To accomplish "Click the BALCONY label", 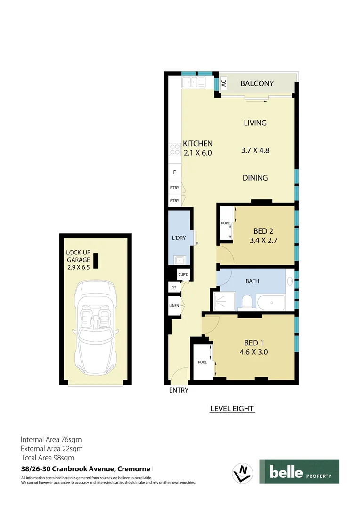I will [257, 83].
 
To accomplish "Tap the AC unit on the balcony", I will [224, 84].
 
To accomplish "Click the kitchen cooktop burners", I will [175, 149].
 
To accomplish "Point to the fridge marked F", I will [175, 172].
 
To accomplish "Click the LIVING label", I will [255, 123].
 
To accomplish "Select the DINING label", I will [255, 178].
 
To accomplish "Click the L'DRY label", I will [179, 238].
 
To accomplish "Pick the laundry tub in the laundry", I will [179, 260].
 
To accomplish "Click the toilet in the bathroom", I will [246, 301].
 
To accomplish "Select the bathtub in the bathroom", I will [270, 302].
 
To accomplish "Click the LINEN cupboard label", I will [174, 306].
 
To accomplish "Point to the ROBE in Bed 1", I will [203, 362].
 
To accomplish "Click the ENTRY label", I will [179, 390].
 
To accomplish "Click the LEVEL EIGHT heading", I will [232, 409].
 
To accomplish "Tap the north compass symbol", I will [243, 471].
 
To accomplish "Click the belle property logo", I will [299, 471].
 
